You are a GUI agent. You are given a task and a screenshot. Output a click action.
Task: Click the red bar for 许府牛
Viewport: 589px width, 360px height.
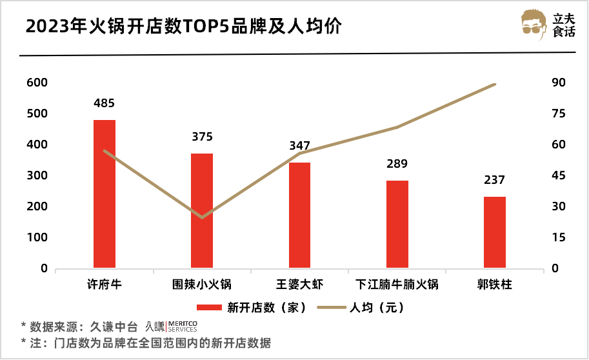click(105, 194)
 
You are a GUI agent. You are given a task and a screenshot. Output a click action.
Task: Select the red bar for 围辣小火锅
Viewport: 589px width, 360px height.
click(202, 211)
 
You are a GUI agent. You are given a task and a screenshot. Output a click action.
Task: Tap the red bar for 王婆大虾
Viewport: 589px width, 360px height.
click(299, 215)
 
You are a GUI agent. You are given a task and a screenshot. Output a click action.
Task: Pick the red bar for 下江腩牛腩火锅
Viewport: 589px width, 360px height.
click(397, 224)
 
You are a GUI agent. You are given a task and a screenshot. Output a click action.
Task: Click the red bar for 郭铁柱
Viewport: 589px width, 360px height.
click(495, 232)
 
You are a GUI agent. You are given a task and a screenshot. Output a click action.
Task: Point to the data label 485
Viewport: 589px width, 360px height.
click(105, 103)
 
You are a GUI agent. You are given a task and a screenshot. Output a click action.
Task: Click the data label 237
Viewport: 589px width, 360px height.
click(495, 180)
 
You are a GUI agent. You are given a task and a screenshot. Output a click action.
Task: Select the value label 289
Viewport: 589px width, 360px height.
click(397, 164)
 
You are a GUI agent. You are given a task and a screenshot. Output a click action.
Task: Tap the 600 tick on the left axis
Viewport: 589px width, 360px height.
click(37, 83)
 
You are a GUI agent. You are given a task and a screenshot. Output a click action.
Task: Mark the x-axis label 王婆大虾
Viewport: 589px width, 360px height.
click(299, 285)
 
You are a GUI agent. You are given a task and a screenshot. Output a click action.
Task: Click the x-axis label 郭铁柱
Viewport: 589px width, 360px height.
click(495, 285)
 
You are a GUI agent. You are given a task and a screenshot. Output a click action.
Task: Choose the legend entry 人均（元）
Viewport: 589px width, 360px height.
click(377, 308)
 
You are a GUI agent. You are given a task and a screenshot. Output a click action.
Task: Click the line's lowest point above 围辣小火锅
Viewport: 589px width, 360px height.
click(202, 217)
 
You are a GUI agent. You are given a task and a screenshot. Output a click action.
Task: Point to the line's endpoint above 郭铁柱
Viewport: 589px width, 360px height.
click(495, 84)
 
